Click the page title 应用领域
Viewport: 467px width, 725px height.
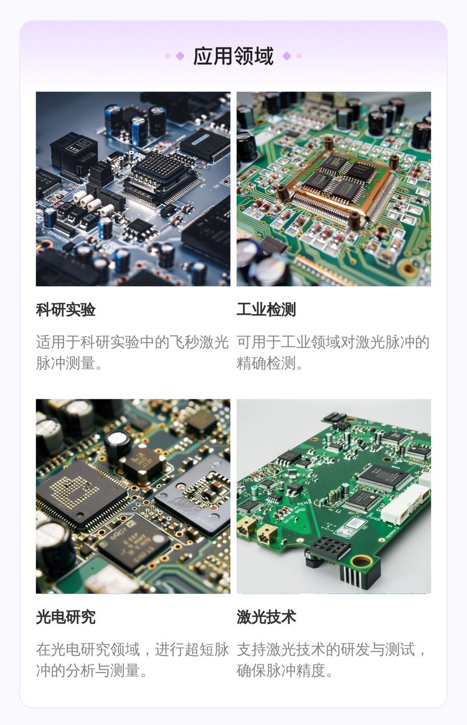233,56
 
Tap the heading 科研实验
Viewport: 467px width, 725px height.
65,310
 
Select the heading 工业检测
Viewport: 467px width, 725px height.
267,310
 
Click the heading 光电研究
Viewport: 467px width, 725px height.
65,617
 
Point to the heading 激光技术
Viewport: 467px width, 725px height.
267,617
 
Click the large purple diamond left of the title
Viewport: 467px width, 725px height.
180,56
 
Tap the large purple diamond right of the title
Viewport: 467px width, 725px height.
286,56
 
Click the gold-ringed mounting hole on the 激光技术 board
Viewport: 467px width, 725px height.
361,562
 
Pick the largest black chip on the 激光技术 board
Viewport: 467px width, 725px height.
384,476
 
